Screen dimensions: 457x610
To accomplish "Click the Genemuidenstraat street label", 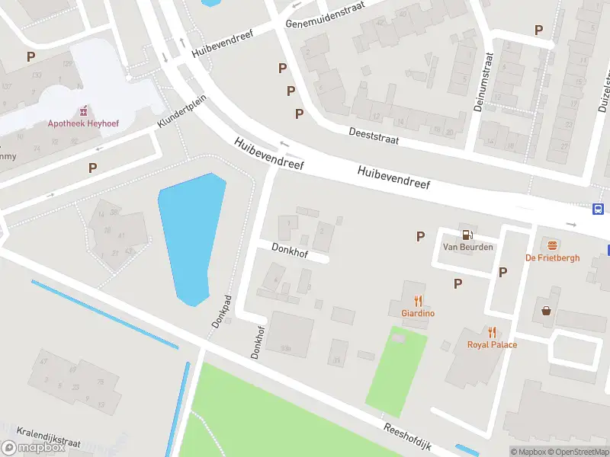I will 325,14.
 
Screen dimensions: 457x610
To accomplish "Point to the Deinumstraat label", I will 483,82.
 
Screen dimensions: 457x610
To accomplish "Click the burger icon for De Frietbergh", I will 552,244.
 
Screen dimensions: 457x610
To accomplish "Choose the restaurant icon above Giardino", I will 418,300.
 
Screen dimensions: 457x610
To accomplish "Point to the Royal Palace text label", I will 492,345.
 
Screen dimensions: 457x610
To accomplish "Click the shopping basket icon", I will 547,311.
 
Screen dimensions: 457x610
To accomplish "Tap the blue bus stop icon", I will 599,209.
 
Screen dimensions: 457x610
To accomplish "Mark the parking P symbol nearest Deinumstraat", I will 539,30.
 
